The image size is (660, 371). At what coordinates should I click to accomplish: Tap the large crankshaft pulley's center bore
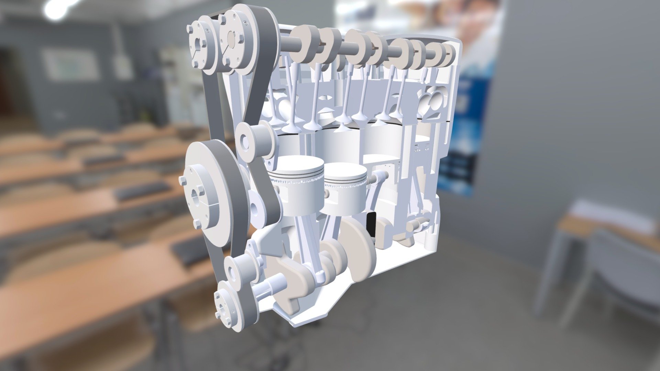[x=199, y=193]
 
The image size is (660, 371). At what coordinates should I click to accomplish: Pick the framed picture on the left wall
[x=70, y=64]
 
